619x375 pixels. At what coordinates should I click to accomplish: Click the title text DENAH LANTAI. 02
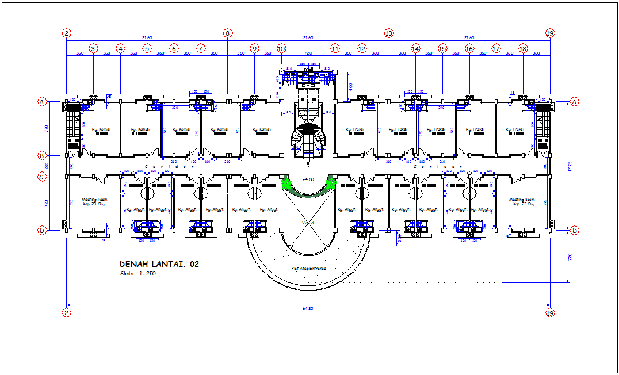click(159, 265)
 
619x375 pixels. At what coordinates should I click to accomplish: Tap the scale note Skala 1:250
click(137, 274)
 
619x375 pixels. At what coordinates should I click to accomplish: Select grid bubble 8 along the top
click(228, 34)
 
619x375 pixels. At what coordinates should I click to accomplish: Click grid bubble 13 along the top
click(389, 34)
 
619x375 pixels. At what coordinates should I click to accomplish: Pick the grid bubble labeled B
click(42, 155)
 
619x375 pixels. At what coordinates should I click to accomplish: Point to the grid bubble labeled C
click(42, 177)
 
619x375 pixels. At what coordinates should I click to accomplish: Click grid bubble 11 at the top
click(335, 49)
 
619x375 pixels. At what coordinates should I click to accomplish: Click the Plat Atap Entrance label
click(308, 269)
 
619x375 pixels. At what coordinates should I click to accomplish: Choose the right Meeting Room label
click(522, 202)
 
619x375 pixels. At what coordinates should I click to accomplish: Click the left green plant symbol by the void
click(285, 184)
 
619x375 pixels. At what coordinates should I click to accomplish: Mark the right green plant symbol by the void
click(331, 184)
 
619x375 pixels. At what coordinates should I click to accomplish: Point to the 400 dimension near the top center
click(351, 86)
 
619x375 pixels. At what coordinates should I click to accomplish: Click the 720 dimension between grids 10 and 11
click(308, 53)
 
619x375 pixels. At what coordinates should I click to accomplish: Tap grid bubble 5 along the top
click(147, 49)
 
